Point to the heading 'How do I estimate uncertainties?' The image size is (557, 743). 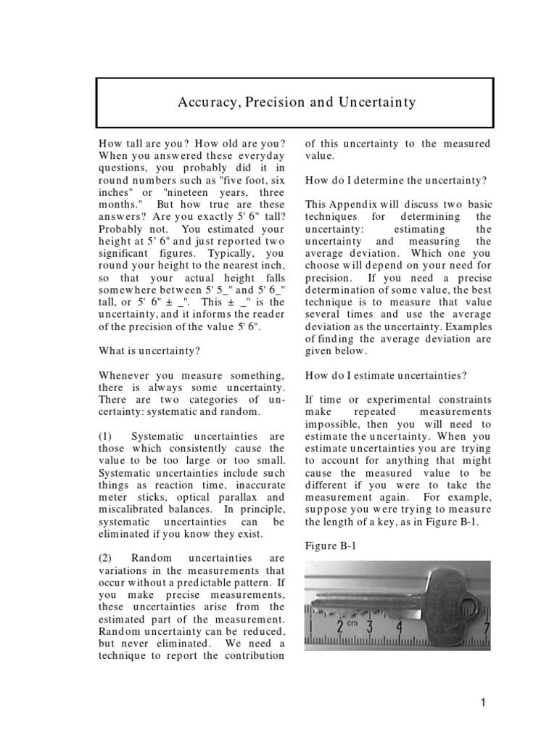[386, 375]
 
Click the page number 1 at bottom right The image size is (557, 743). [481, 702]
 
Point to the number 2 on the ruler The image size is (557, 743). [340, 625]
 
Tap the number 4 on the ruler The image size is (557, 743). [398, 625]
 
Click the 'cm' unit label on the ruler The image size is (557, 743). [352, 623]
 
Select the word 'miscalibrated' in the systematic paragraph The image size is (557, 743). [131, 509]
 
